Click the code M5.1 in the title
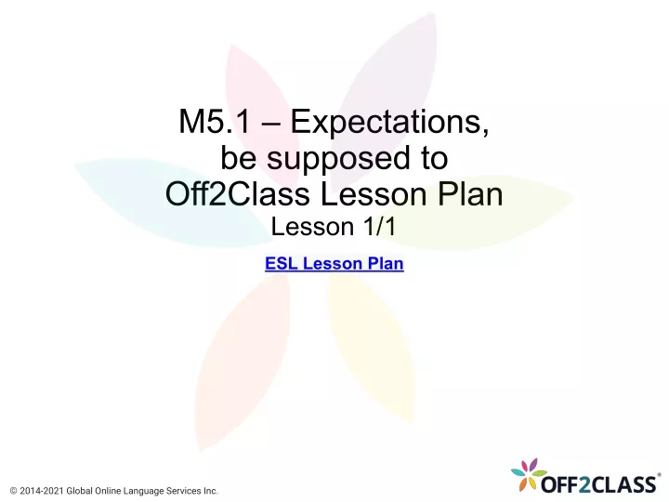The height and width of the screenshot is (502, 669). [215, 121]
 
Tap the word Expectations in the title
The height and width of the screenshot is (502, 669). [389, 123]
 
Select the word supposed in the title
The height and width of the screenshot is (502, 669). [338, 159]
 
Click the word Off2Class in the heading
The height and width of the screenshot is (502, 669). [238, 193]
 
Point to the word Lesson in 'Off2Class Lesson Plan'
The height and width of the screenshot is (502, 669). [374, 194]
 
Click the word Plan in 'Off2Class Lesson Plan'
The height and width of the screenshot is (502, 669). [470, 193]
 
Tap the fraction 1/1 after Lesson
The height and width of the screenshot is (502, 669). [380, 226]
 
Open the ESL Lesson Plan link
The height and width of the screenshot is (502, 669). [334, 263]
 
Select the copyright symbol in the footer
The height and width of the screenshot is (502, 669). [13, 492]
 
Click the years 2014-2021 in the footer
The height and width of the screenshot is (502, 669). [42, 492]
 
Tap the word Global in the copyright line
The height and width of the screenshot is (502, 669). [79, 492]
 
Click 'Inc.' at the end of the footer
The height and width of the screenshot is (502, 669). [210, 492]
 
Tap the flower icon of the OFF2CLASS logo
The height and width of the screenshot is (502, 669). [528, 473]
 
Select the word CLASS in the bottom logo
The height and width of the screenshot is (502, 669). [623, 485]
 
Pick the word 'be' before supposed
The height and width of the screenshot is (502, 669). [238, 157]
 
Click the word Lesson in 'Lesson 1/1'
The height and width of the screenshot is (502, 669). [313, 226]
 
